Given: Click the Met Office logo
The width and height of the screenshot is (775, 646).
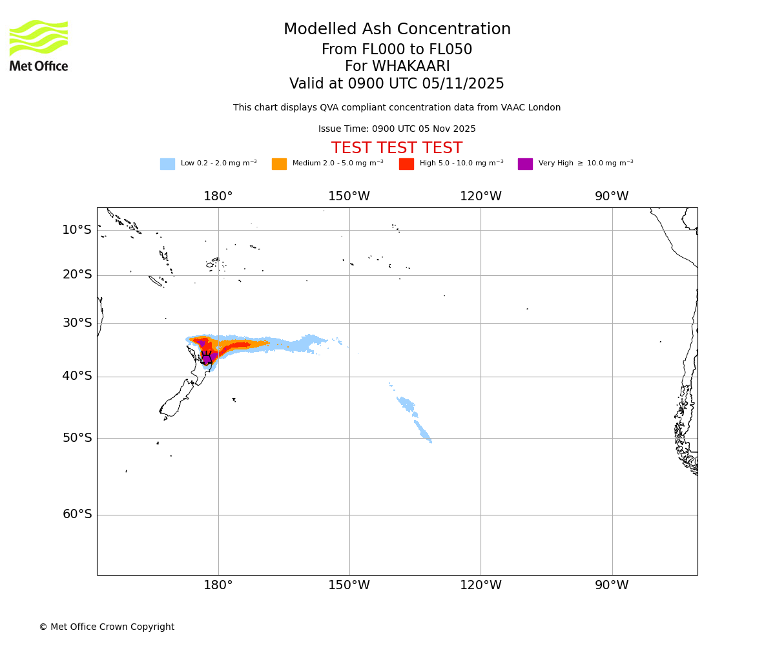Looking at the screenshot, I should [x=39, y=45].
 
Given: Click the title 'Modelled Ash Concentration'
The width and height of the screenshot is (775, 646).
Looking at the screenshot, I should [x=397, y=30].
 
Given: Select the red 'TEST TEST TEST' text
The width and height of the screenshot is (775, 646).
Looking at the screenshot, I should [x=397, y=149].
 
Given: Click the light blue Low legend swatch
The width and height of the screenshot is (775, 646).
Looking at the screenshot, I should [x=167, y=164].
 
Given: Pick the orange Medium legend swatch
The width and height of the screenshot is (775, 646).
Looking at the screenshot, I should [x=279, y=164].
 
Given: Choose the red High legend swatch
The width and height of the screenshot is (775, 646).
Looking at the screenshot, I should [x=406, y=164].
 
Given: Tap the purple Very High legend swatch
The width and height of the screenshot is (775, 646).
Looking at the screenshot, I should [x=525, y=164].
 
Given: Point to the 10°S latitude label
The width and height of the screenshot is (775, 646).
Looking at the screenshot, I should [x=77, y=230].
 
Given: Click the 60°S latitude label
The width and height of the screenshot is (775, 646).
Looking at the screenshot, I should [x=77, y=514].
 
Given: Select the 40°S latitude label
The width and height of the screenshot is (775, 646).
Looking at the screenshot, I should [x=77, y=376].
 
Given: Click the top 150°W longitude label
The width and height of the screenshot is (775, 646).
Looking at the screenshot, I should [x=349, y=196].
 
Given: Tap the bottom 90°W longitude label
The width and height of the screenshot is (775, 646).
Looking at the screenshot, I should [x=611, y=585].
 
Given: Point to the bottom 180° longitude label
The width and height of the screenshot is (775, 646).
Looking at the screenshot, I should [x=218, y=585].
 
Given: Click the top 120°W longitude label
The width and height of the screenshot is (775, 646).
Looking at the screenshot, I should [x=480, y=196].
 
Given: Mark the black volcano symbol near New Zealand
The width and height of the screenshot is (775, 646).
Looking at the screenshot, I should [x=207, y=358].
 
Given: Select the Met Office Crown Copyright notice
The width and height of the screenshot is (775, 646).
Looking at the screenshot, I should [x=107, y=627].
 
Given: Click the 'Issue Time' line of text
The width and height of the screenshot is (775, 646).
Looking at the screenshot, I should [x=397, y=129].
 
